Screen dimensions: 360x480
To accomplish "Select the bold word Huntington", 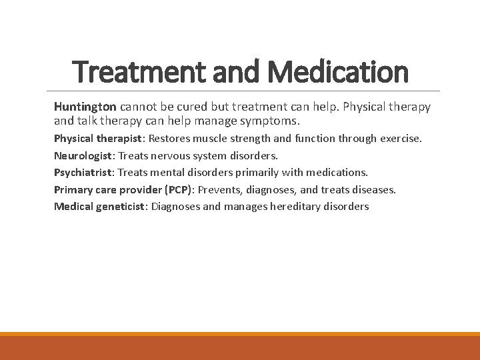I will click(x=85, y=107).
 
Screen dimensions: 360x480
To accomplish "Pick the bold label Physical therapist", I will click(x=98, y=139).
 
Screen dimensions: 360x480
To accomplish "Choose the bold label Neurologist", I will click(x=83, y=155).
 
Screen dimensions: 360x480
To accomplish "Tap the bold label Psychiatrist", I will click(x=83, y=173).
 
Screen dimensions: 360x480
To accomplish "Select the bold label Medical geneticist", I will click(x=99, y=206).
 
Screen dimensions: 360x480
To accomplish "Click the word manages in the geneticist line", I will click(x=245, y=206).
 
